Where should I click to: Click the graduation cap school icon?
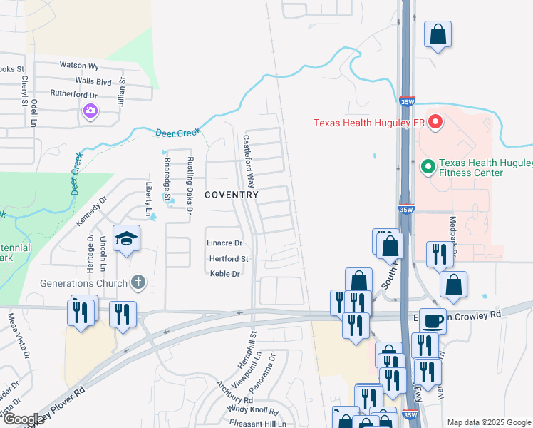(x=126, y=238)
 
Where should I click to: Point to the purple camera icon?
(x=90, y=111)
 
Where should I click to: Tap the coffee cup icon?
(x=433, y=320)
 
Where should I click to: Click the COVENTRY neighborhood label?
(x=231, y=194)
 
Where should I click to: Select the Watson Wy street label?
(x=78, y=65)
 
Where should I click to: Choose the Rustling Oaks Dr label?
(x=190, y=185)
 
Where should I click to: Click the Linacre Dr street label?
(x=224, y=243)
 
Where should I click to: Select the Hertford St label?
(x=228, y=258)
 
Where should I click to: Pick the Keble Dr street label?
(x=224, y=273)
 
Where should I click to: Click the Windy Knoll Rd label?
(x=253, y=409)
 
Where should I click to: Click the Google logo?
(x=23, y=419)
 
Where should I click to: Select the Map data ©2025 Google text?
(x=488, y=422)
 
